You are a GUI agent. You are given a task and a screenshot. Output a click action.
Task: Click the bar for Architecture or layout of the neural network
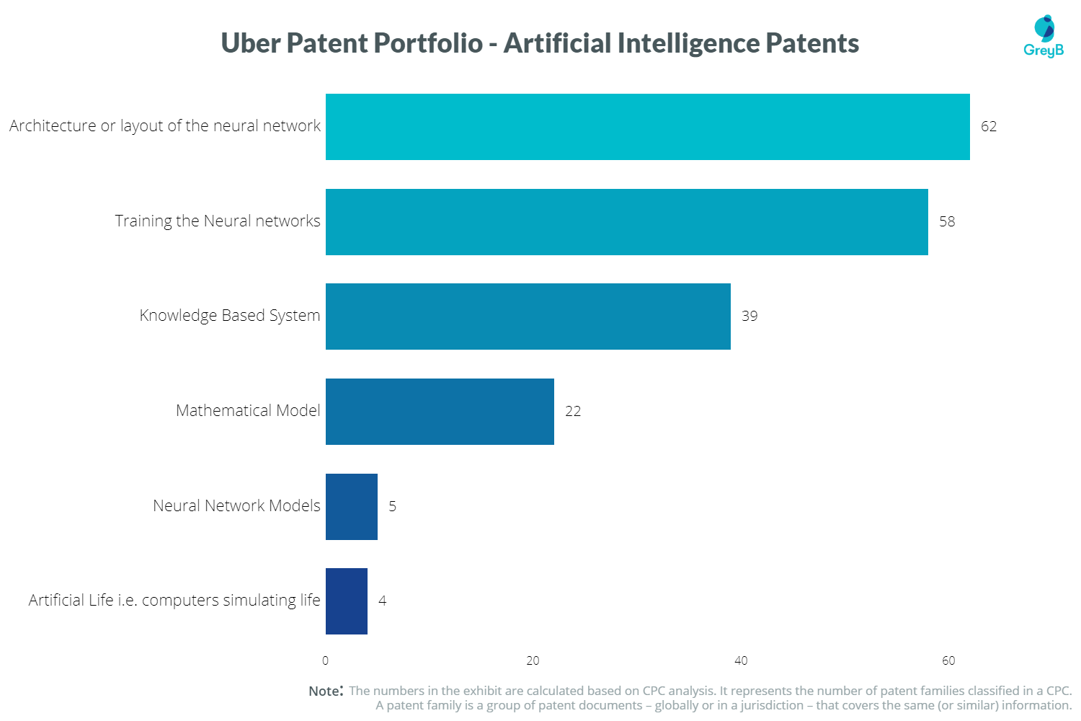coord(647,127)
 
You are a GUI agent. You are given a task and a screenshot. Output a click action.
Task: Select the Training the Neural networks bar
coord(626,222)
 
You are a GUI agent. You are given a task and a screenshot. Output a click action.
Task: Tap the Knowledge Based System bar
coord(528,317)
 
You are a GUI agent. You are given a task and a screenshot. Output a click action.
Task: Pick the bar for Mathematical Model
coord(440,412)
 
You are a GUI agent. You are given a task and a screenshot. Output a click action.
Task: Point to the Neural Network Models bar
coord(352,507)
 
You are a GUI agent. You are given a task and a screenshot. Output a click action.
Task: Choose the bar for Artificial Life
coord(347,601)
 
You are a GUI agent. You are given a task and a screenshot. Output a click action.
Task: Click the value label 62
coord(989,127)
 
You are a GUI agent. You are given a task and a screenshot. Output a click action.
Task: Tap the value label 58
coord(947,222)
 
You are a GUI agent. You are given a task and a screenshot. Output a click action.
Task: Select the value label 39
coord(749,317)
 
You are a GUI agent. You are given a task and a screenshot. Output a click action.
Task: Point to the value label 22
coord(573,412)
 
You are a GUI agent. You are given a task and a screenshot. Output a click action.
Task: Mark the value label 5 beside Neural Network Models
coord(392,507)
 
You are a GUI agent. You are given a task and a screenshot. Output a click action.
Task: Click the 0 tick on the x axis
coord(325,660)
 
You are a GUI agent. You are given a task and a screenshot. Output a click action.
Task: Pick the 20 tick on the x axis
coord(533,660)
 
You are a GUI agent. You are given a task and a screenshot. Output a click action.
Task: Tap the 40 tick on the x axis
coord(741,660)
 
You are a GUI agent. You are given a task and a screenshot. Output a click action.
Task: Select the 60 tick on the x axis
coord(948,660)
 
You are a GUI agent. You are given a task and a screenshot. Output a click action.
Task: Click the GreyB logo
coord(1044,37)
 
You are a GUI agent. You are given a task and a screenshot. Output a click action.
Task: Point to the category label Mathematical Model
coord(248,411)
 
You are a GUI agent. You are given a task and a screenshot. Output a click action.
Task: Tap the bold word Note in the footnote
coord(324,691)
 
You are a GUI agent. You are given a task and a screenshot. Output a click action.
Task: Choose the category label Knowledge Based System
coord(229,316)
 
